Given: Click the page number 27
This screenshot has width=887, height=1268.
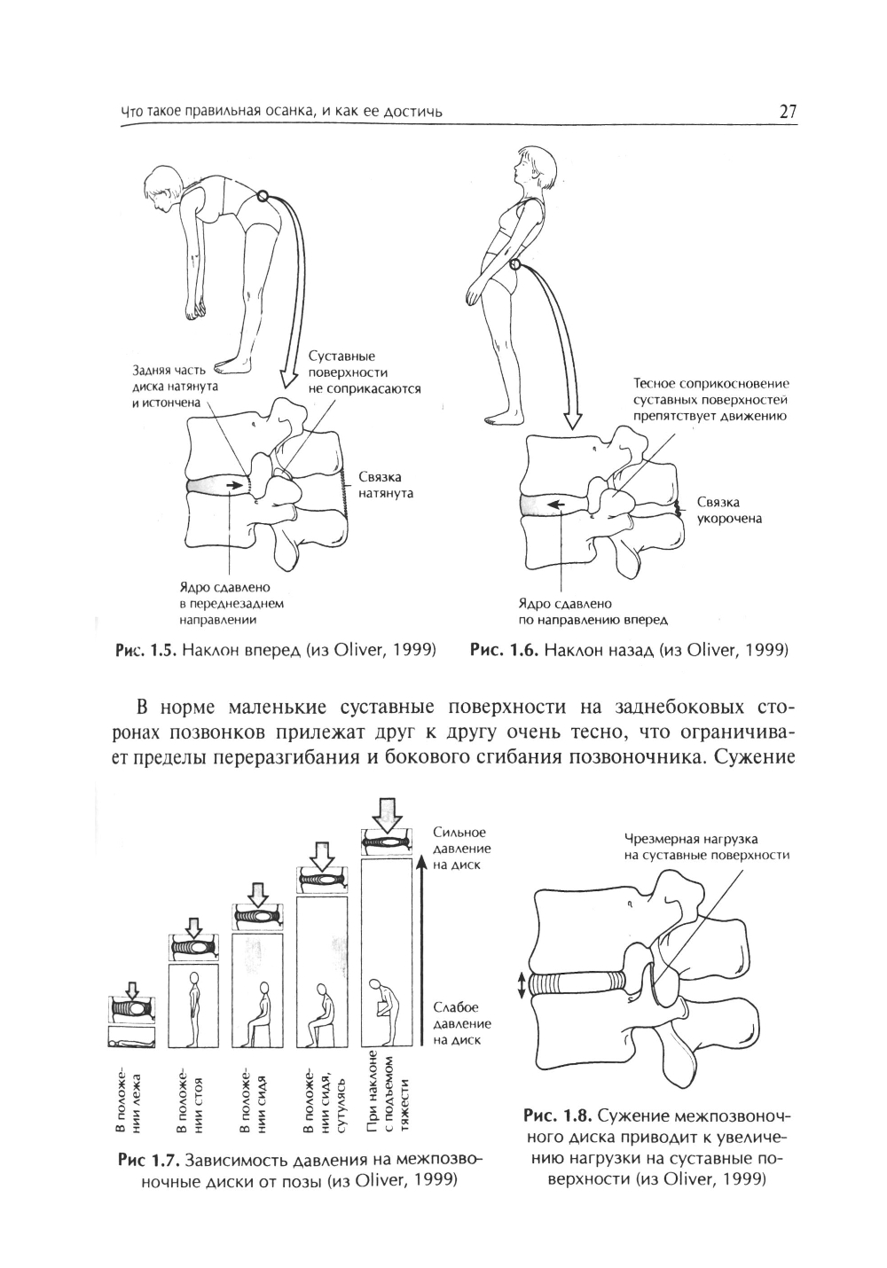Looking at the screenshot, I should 788,112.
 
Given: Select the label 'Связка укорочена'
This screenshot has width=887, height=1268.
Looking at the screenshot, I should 728,510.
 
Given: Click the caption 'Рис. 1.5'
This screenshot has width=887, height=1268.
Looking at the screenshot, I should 144,650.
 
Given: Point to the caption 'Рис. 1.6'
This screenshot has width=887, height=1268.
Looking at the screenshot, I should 504,650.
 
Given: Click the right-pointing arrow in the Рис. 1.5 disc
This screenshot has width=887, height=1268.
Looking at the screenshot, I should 234,485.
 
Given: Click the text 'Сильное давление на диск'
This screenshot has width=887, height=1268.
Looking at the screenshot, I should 461,849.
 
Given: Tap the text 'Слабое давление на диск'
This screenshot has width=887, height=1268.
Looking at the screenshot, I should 461,1023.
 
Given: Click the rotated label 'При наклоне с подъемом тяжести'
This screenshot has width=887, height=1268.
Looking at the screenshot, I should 389,1096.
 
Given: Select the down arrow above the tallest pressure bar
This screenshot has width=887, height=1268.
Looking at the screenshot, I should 387,810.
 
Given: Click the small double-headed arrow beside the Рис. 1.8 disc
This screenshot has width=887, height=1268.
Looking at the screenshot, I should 522,982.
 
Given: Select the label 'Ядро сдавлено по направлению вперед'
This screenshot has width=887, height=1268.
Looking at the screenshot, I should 593,611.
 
